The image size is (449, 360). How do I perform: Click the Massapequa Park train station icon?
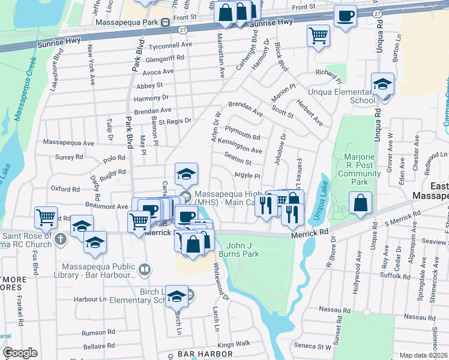pos(165,22)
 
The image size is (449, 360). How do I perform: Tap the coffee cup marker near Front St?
pos(345,16)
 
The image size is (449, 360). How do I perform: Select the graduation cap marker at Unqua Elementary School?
pos(382,84)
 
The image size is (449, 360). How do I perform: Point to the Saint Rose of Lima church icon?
pos(59,239)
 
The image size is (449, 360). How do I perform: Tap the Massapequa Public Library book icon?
pos(144,270)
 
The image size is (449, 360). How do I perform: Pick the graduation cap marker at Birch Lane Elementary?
pos(176,296)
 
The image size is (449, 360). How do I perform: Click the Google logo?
pos(20,353)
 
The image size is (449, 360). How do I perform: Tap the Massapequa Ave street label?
pos(69,143)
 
